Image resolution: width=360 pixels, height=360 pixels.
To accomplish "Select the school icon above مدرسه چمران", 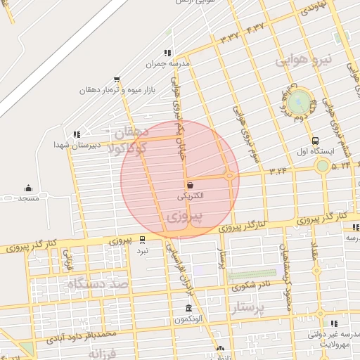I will point(167,53).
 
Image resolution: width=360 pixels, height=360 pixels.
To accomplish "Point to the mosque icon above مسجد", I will point(28,188).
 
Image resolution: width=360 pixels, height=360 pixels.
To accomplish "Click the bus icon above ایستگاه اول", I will point(315,140).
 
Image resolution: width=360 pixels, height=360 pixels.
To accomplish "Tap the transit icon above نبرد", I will point(143,239).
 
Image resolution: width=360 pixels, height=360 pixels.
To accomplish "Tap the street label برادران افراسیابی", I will point(178,268).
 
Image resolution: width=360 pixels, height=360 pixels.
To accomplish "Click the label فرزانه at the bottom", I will point(112,354).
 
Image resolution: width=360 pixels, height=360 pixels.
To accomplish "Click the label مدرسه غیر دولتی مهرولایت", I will point(335,340).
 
